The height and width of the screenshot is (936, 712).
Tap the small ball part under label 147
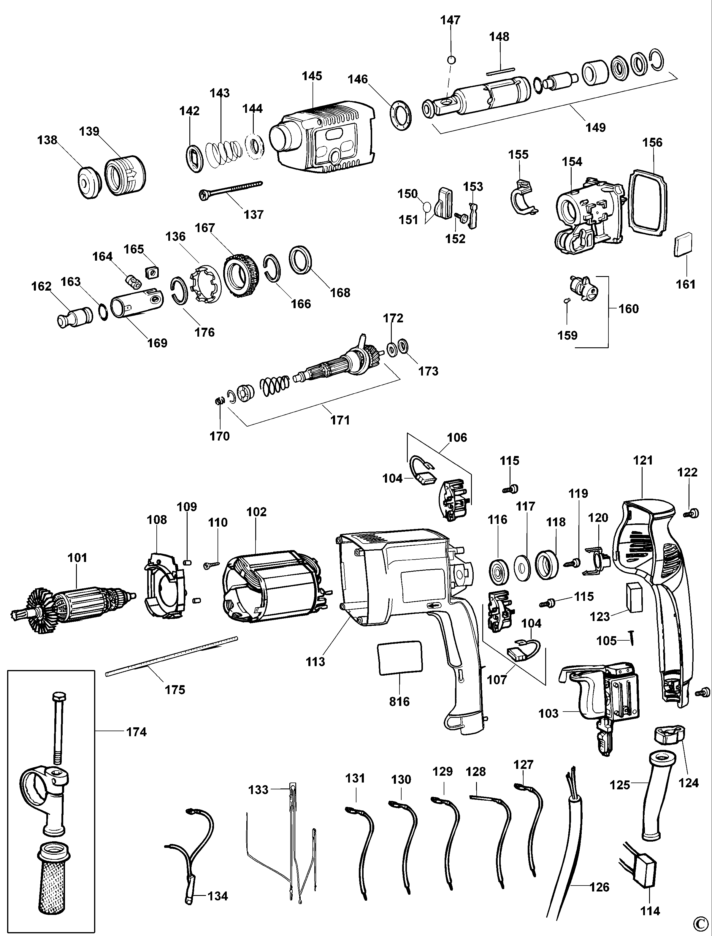[452, 60]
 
